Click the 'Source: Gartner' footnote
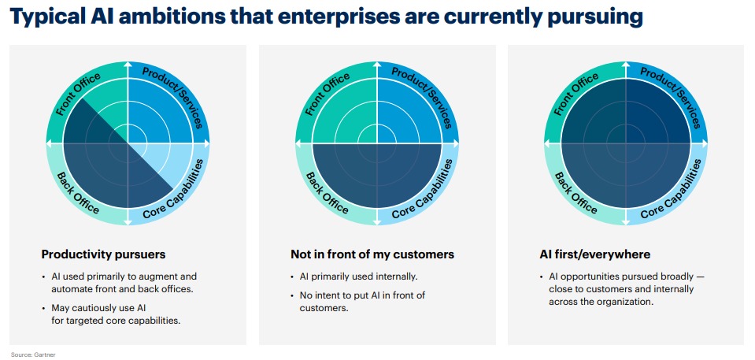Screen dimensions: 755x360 point(33,354)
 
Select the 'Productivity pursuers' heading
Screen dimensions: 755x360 point(103,254)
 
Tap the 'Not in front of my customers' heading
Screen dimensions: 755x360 point(372,254)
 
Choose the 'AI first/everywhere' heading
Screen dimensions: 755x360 point(595,254)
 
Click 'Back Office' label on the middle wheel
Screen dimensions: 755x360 point(328,191)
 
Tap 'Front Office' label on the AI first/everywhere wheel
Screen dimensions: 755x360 point(576,95)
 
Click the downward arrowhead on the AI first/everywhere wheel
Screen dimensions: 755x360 point(626,221)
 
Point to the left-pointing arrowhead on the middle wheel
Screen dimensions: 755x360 point(298,143)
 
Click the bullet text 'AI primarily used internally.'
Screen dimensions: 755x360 point(359,277)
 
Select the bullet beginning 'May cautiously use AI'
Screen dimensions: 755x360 point(116,314)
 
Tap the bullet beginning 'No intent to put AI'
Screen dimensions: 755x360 point(363,301)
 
